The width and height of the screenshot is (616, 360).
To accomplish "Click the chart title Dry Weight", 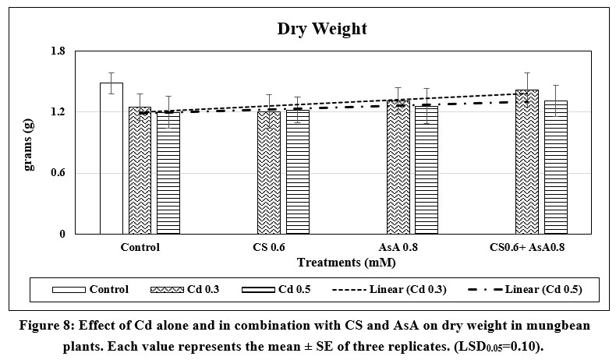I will (322, 30).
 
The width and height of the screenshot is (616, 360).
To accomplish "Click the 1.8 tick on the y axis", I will (80, 51).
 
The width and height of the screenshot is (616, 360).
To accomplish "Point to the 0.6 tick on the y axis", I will (80, 173).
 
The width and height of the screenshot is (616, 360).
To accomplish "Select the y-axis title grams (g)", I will (30, 143).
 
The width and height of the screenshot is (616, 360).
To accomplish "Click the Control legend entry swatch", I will (68, 290).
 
